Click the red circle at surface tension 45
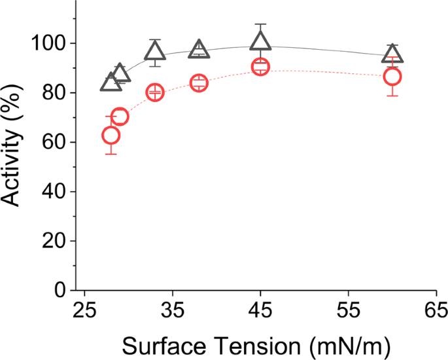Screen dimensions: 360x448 pos(260,67)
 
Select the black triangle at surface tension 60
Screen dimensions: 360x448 pos(392,54)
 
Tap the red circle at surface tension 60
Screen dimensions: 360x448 pos(392,77)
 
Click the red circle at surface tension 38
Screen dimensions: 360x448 pos(199,83)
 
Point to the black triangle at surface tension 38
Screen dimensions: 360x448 pos(199,50)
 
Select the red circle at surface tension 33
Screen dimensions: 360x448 pos(155,92)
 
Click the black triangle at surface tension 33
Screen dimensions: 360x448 pos(155,52)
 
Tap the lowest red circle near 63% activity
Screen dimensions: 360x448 pos(111,135)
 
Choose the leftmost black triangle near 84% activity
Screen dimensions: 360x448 pos(111,82)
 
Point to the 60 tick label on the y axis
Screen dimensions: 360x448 pos(53,142)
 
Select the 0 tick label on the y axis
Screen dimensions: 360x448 pos(60,290)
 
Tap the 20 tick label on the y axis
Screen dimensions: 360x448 pos(53,241)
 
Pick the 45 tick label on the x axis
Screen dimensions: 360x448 pos(260,310)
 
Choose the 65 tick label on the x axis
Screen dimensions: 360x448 pos(436,310)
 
